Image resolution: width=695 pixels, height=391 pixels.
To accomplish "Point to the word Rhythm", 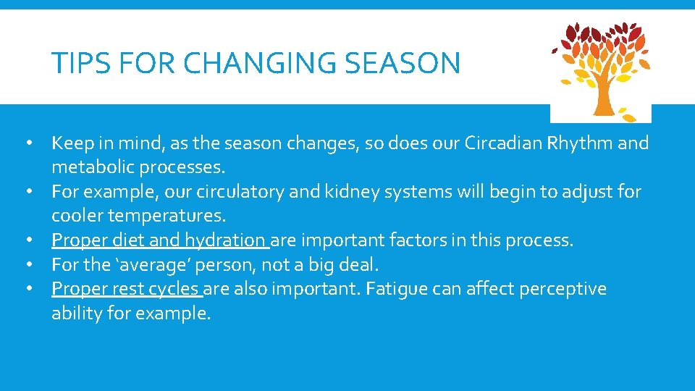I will [584, 143].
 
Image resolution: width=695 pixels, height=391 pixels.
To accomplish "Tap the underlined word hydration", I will [225, 240].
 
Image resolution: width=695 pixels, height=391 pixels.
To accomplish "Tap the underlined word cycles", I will [172, 289].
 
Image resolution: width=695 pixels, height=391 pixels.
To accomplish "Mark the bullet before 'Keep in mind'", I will [29, 143].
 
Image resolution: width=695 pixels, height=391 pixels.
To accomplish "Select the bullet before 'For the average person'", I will [29, 264].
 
